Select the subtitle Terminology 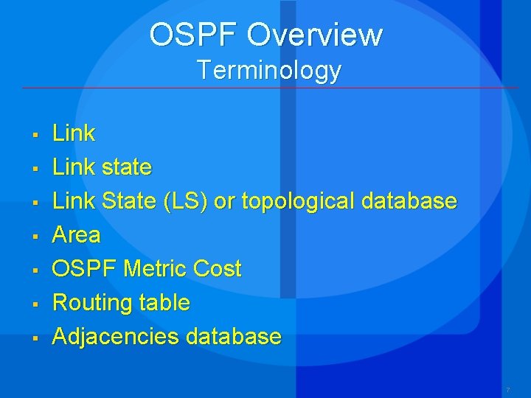[x=269, y=70]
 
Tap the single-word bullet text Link [x=74, y=133]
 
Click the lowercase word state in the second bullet [x=126, y=167]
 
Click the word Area [x=76, y=235]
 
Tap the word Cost [x=217, y=269]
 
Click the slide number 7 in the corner [x=507, y=388]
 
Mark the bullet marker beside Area [x=34, y=237]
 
